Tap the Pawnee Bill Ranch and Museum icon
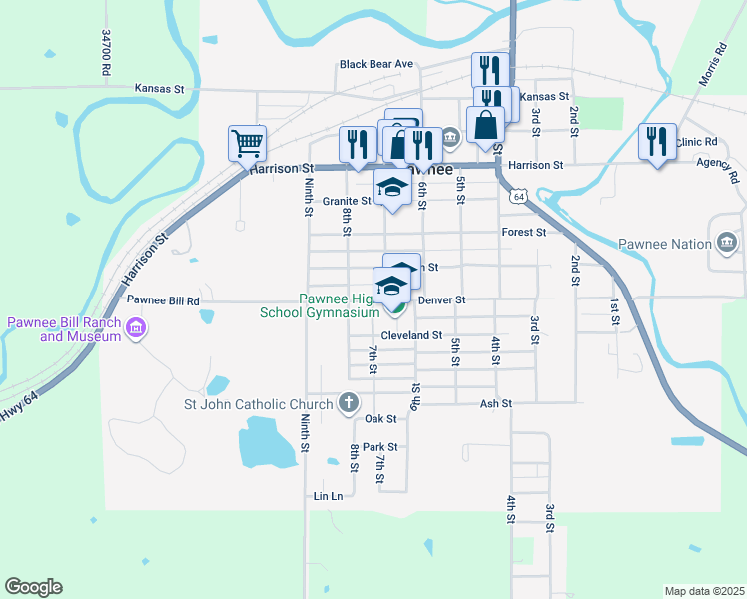tap(138, 327)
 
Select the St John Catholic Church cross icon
tap(348, 403)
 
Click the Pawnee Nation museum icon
tap(726, 243)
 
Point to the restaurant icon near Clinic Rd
tap(657, 141)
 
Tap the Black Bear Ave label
tap(375, 64)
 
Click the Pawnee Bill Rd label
tap(163, 299)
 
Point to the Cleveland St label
tap(411, 335)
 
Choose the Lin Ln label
tap(328, 496)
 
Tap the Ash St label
tap(495, 403)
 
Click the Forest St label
tap(525, 232)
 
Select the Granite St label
tap(346, 201)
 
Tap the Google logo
tap(33, 587)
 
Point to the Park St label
tap(380, 447)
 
